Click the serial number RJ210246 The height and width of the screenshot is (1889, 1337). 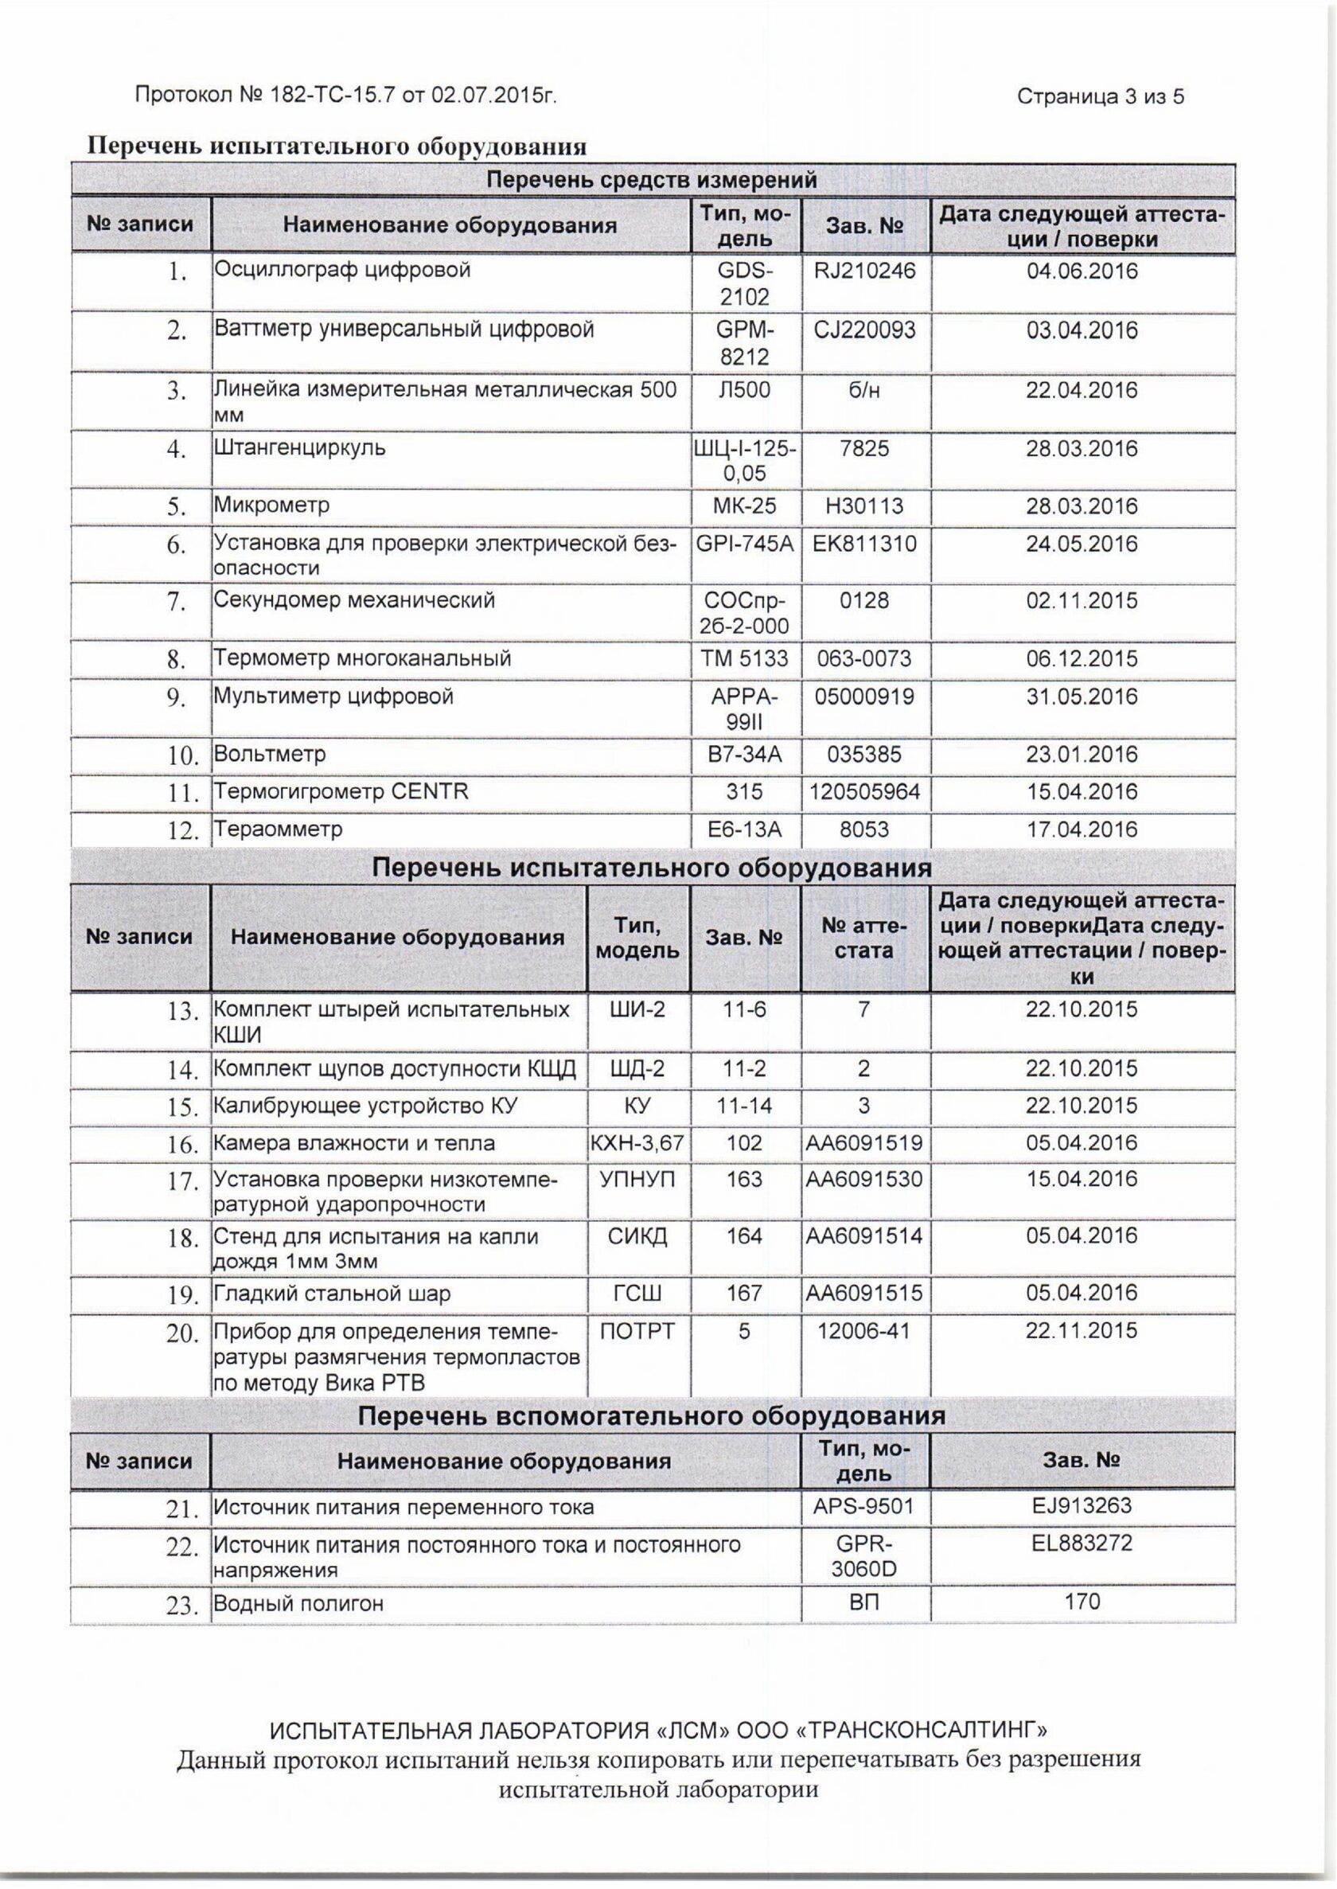tap(864, 271)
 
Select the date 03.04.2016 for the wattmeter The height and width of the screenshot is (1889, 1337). tap(1082, 331)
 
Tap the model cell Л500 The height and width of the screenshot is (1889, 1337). tap(744, 390)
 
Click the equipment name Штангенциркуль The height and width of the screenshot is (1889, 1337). tap(300, 449)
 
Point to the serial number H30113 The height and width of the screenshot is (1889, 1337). tap(864, 505)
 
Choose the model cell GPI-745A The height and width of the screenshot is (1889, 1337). tap(745, 544)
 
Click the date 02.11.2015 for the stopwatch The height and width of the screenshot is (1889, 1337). tap(1082, 600)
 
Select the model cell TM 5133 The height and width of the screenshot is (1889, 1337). tap(744, 659)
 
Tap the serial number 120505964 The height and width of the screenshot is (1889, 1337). tap(864, 792)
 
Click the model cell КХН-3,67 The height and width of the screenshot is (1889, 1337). tap(637, 1143)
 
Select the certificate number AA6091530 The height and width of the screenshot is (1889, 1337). tap(864, 1179)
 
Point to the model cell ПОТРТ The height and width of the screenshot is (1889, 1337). tap(637, 1331)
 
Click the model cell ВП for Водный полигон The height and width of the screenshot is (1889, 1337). tap(864, 1602)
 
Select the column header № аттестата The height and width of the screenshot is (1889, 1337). tap(864, 938)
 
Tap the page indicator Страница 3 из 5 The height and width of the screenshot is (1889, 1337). tap(1101, 97)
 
